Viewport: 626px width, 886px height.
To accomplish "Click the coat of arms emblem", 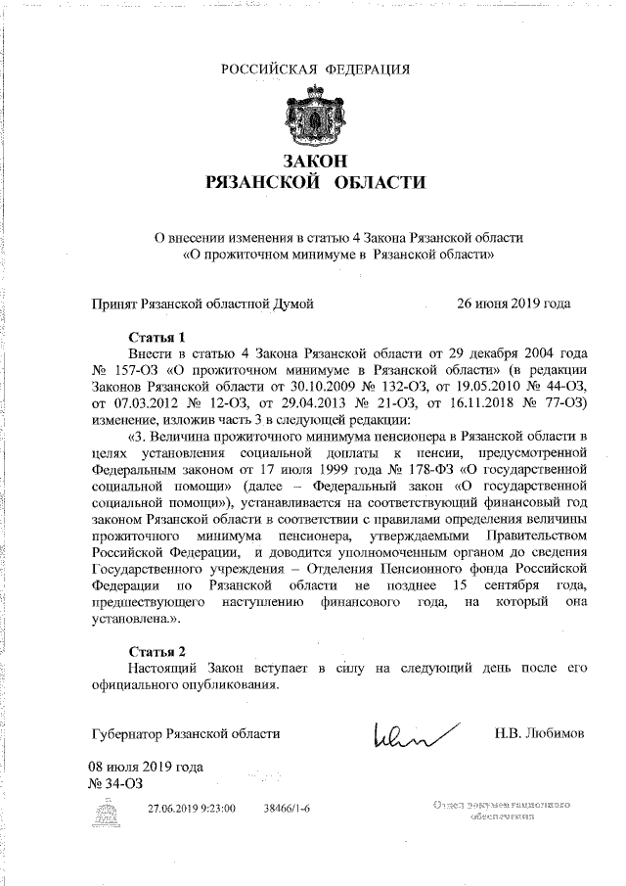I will tap(315, 110).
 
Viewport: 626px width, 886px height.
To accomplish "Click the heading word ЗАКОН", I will tap(315, 161).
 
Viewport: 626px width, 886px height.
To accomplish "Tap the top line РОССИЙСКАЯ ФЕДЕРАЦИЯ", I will tap(315, 68).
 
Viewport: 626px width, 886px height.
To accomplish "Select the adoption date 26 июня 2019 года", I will tap(514, 303).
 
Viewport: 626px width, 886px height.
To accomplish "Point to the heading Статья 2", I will tap(156, 650).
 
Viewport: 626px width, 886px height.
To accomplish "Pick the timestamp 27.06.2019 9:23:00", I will tap(192, 810).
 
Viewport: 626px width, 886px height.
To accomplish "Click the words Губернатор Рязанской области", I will tap(185, 733).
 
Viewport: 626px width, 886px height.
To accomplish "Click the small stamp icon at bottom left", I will tap(116, 811).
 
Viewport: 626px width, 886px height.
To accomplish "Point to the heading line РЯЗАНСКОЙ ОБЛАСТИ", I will tap(315, 182).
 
